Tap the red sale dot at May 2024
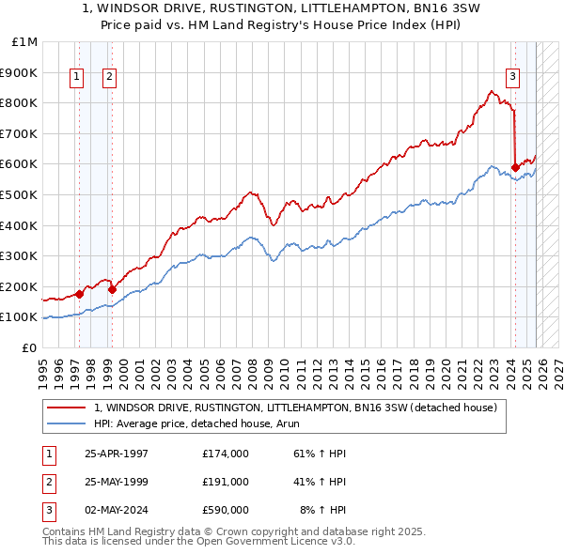click(515, 167)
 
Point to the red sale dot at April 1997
click(80, 294)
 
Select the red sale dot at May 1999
click(113, 289)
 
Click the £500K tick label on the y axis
click(20, 194)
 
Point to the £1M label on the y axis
click(24, 42)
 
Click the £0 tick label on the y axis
click(29, 347)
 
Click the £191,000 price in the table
click(226, 482)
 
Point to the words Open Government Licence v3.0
click(281, 542)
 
